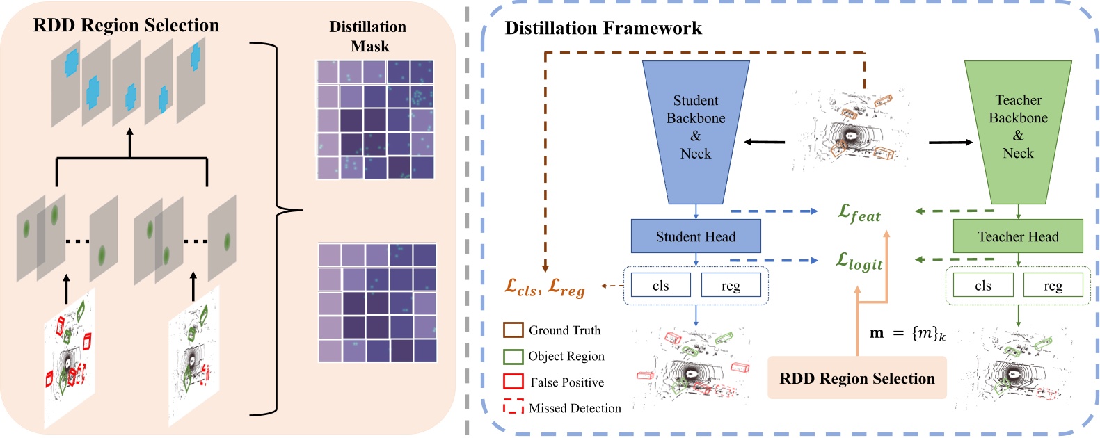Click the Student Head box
tap(695, 236)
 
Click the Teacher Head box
tap(1017, 236)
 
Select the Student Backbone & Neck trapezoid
tap(696, 129)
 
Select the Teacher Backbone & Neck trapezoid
tap(1018, 129)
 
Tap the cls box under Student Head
tap(660, 285)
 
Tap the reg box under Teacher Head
tap(1053, 285)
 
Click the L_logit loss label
tap(859, 262)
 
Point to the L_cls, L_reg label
tap(545, 287)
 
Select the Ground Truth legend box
tap(513, 330)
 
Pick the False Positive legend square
tap(513, 382)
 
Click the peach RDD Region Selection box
tap(856, 378)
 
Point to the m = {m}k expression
tap(907, 333)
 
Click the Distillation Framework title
tap(603, 29)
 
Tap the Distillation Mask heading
tap(368, 36)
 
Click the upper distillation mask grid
tap(375, 120)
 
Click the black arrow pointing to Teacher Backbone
tap(950, 143)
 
